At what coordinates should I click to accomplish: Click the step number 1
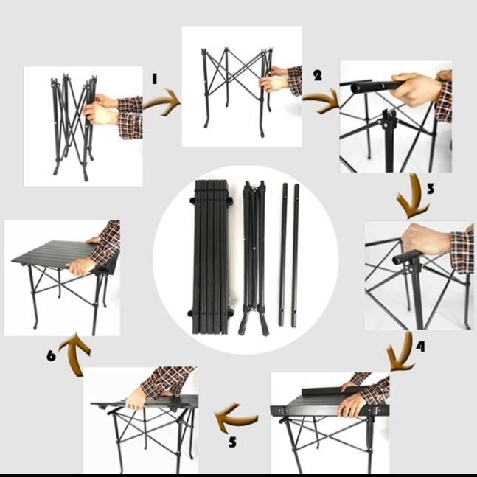[155, 79]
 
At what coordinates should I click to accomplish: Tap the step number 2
[318, 75]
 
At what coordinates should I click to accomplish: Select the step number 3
[431, 189]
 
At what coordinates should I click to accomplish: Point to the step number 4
[420, 347]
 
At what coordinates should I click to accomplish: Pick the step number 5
[232, 442]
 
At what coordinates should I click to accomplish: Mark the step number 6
[51, 355]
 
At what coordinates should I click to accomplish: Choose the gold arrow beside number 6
[74, 353]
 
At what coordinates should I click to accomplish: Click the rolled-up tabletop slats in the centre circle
[211, 257]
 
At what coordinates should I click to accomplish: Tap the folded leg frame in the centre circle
[254, 258]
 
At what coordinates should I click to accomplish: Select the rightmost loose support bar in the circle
[295, 256]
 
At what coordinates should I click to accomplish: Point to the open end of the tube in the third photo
[355, 88]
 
